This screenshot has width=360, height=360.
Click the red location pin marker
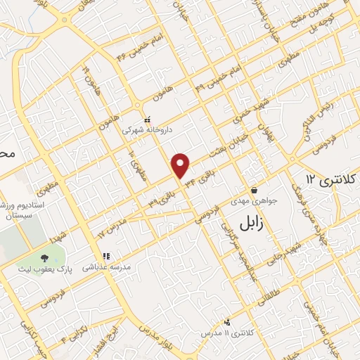coord(181,165)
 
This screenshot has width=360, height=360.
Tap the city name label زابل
coord(243,225)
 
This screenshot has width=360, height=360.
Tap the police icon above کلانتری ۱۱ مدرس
coord(226,322)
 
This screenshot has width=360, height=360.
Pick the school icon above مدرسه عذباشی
coord(105,256)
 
